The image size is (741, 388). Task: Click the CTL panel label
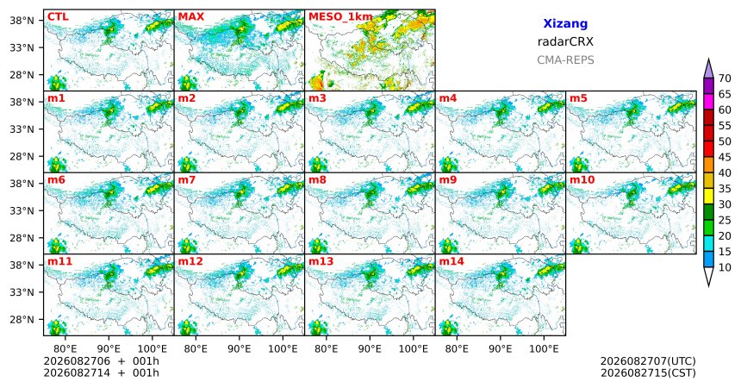(x=58, y=17)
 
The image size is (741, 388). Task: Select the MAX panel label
(x=191, y=17)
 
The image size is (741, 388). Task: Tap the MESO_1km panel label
(x=340, y=17)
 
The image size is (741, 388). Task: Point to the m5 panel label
(x=578, y=98)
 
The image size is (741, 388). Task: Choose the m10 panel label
(x=582, y=180)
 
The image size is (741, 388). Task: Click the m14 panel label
(x=451, y=261)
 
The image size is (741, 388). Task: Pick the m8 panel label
(x=317, y=180)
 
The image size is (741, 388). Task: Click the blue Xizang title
(x=565, y=23)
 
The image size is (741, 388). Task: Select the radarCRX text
(x=565, y=42)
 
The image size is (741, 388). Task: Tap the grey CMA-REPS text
(x=565, y=60)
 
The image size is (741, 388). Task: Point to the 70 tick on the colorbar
(x=725, y=78)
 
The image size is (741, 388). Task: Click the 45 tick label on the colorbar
(x=725, y=157)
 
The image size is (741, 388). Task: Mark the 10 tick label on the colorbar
(x=725, y=267)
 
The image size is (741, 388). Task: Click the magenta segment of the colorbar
(x=708, y=102)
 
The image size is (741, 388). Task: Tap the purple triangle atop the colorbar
(x=708, y=69)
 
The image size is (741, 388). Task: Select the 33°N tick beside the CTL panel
(x=23, y=47)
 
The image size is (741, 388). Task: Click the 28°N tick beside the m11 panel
(x=23, y=319)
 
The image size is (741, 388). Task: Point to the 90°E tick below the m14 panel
(x=501, y=349)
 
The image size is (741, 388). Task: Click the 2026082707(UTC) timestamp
(x=648, y=362)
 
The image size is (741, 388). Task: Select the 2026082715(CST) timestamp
(x=648, y=373)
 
